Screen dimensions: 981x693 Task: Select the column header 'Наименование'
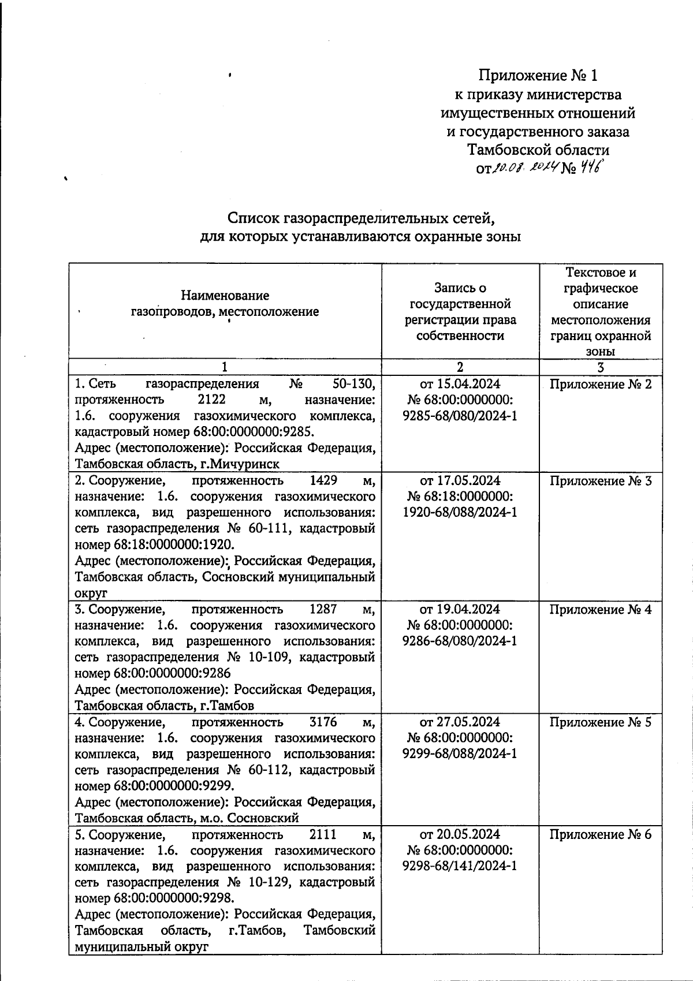(225, 296)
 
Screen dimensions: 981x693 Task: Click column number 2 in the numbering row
(460, 367)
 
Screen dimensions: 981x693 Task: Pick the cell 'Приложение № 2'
(601, 385)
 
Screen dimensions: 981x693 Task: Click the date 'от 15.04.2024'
(460, 385)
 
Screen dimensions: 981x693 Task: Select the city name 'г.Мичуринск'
(244, 464)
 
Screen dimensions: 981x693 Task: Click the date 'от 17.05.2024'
(460, 481)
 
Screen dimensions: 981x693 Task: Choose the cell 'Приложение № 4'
(601, 609)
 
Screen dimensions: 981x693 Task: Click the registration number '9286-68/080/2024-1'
(460, 641)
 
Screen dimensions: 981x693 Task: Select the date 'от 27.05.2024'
(460, 722)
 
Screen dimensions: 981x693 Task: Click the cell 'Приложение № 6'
(601, 834)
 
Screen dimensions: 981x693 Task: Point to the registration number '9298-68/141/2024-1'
(460, 866)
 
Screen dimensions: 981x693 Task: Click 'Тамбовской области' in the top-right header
(538, 150)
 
